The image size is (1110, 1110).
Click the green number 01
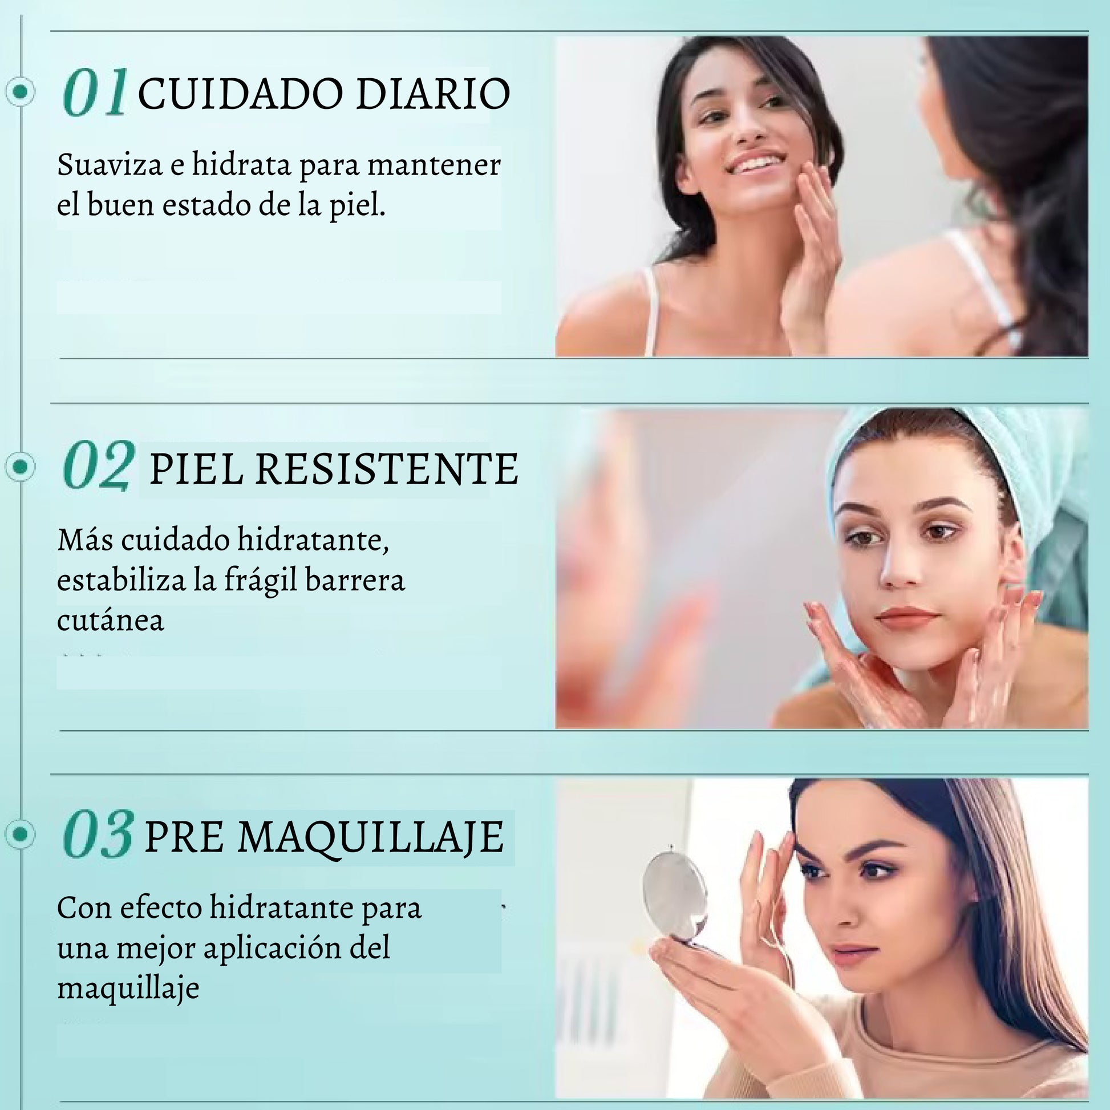point(95,92)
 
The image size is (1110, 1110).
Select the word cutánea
point(110,620)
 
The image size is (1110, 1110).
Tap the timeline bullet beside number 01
point(21,91)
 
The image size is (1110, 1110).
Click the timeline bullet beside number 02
point(21,467)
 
